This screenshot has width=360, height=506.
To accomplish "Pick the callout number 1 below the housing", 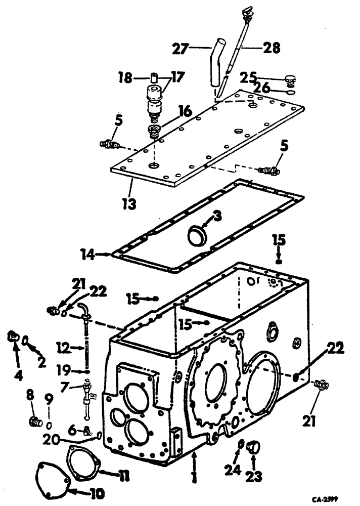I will pyautogui.click(x=195, y=475).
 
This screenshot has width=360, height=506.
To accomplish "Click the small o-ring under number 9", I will pyautogui.click(x=50, y=422).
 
